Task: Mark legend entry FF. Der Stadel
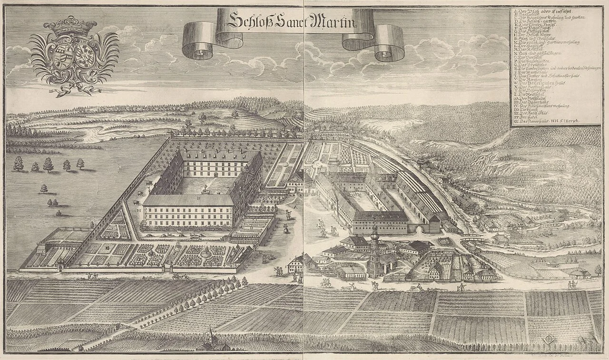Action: point(528,117)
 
